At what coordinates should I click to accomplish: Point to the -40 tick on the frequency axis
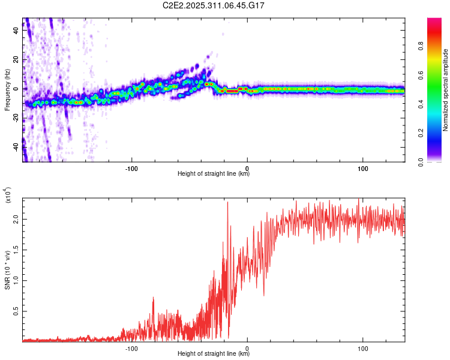pos(14,146)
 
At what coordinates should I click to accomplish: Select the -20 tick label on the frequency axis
pos(14,118)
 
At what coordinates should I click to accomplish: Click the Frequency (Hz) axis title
pos(7,90)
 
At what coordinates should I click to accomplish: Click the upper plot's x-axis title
pos(214,174)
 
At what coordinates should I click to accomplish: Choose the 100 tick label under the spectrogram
pos(362,169)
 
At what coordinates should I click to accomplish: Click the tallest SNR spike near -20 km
pos(227,203)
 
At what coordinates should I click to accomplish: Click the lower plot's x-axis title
pos(214,354)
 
